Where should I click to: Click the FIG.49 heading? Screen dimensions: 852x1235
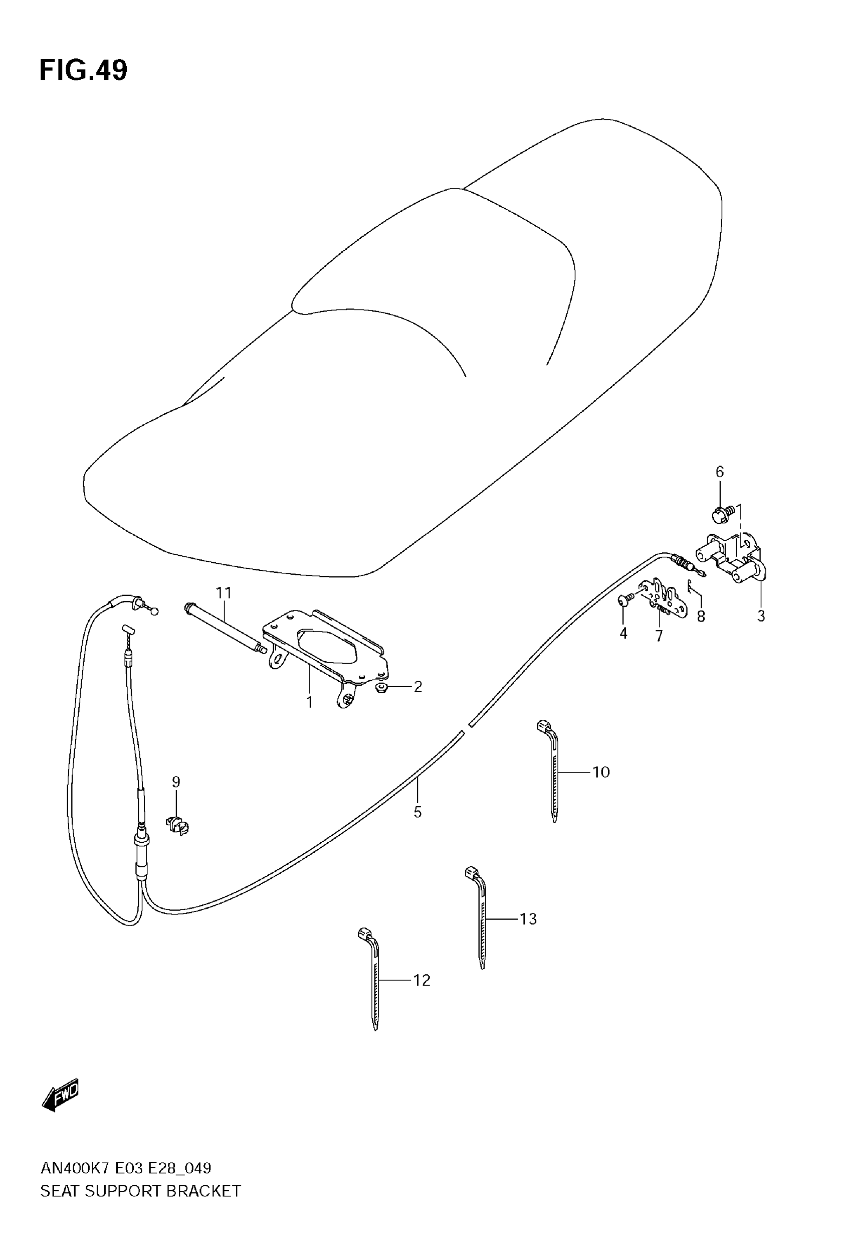83,71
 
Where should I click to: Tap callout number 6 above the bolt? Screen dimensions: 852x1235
719,472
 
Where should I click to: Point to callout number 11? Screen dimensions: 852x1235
224,592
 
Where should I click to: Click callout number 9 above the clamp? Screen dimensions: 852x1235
176,782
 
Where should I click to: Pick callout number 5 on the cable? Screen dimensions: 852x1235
417,812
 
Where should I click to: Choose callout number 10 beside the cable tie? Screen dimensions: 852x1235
600,772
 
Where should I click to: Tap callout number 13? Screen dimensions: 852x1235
527,919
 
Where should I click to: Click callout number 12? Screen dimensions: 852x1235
421,980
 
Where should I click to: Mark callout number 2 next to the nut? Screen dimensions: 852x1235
417,687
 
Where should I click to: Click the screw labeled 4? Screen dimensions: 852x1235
623,601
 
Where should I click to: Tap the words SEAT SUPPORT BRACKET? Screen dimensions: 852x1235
140,1191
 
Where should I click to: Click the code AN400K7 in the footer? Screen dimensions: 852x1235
76,1168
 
